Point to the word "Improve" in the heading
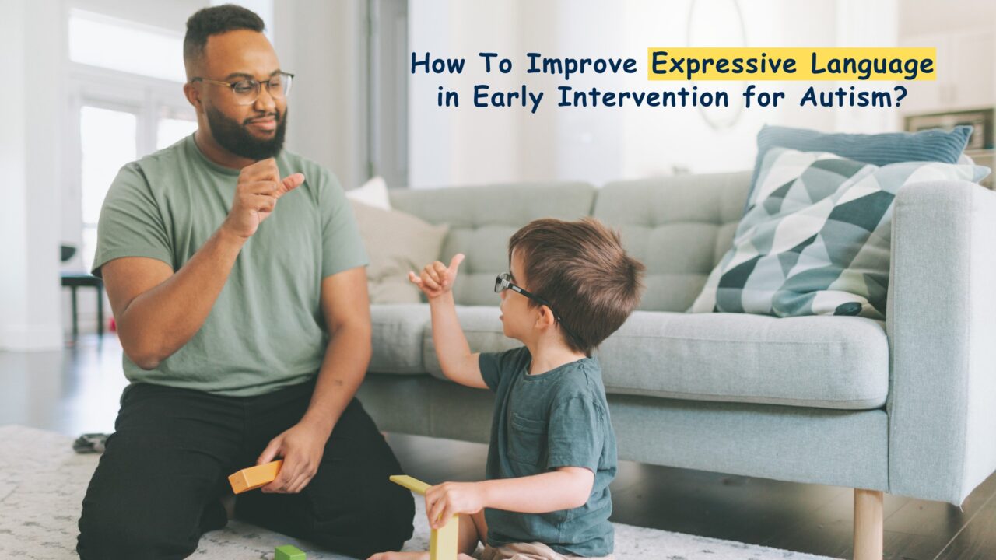click(x=582, y=64)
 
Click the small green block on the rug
click(x=289, y=552)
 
